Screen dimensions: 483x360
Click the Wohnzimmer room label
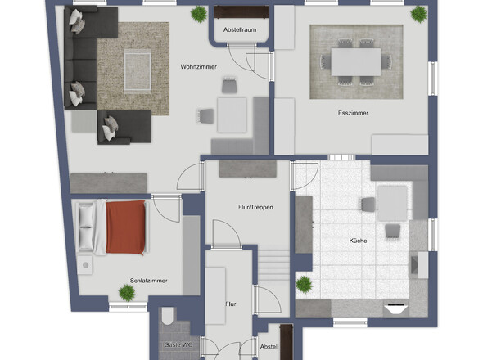[198, 66]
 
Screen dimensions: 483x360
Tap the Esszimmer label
[353, 113]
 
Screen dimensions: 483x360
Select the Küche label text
[358, 241]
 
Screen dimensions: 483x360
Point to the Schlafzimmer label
[148, 281]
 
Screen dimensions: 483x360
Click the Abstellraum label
[240, 30]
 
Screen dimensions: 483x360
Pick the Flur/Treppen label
[255, 207]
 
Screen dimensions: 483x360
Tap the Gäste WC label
[178, 345]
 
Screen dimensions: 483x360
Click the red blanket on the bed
[125, 227]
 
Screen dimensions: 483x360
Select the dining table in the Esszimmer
[356, 62]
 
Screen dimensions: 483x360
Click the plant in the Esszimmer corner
[419, 14]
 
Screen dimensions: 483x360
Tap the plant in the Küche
[305, 284]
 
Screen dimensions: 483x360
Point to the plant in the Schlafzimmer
[127, 293]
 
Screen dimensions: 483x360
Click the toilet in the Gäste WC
[168, 315]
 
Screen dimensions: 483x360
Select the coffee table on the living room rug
[138, 73]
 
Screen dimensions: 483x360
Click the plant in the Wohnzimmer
[199, 14]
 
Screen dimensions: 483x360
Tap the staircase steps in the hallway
[274, 265]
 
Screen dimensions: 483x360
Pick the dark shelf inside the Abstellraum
[241, 12]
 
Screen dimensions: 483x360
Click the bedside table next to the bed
[84, 265]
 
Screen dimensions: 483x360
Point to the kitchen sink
[419, 265]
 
